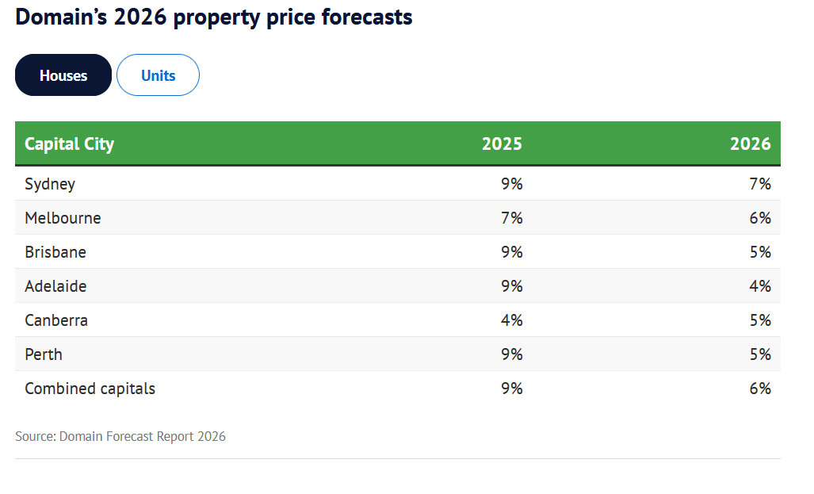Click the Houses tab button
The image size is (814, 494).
tap(63, 75)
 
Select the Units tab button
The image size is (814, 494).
tap(158, 75)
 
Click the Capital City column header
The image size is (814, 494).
tap(70, 144)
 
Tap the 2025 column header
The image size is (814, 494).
tap(502, 144)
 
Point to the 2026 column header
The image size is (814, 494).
tap(750, 144)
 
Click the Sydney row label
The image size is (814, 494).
tap(50, 184)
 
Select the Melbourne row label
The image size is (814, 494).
tap(63, 218)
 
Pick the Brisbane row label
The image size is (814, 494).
tap(55, 252)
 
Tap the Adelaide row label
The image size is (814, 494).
tap(55, 286)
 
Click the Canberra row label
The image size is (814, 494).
tap(56, 320)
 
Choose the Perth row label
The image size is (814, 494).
tap(44, 354)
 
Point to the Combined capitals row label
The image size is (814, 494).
tap(90, 389)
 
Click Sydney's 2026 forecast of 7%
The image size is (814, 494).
tap(760, 184)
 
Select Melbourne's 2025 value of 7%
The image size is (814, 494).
tap(511, 218)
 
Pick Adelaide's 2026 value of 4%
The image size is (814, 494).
tap(760, 286)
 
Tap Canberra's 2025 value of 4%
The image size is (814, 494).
tap(511, 320)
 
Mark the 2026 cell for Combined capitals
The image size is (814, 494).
tap(760, 389)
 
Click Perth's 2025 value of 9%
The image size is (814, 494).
tap(511, 354)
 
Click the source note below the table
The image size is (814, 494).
tap(120, 436)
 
